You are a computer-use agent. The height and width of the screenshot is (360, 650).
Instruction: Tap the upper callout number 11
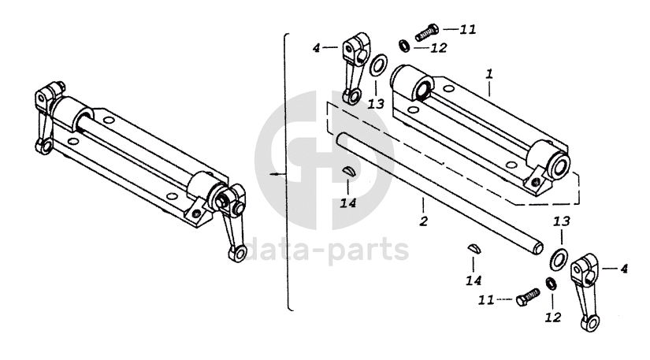coord(468,30)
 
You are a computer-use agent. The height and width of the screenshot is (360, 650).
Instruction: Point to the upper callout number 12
coord(438,47)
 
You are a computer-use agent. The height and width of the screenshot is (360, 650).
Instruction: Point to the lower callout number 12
coord(552,317)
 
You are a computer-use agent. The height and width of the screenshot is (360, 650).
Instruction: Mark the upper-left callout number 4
coord(317,49)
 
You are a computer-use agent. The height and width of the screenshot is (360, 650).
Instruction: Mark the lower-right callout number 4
coord(624,269)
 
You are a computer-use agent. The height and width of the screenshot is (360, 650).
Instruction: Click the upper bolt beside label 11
coord(423,31)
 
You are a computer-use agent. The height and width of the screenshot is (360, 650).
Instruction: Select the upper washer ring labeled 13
coord(378,65)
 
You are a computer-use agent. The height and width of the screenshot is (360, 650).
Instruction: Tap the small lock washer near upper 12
coord(403,43)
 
